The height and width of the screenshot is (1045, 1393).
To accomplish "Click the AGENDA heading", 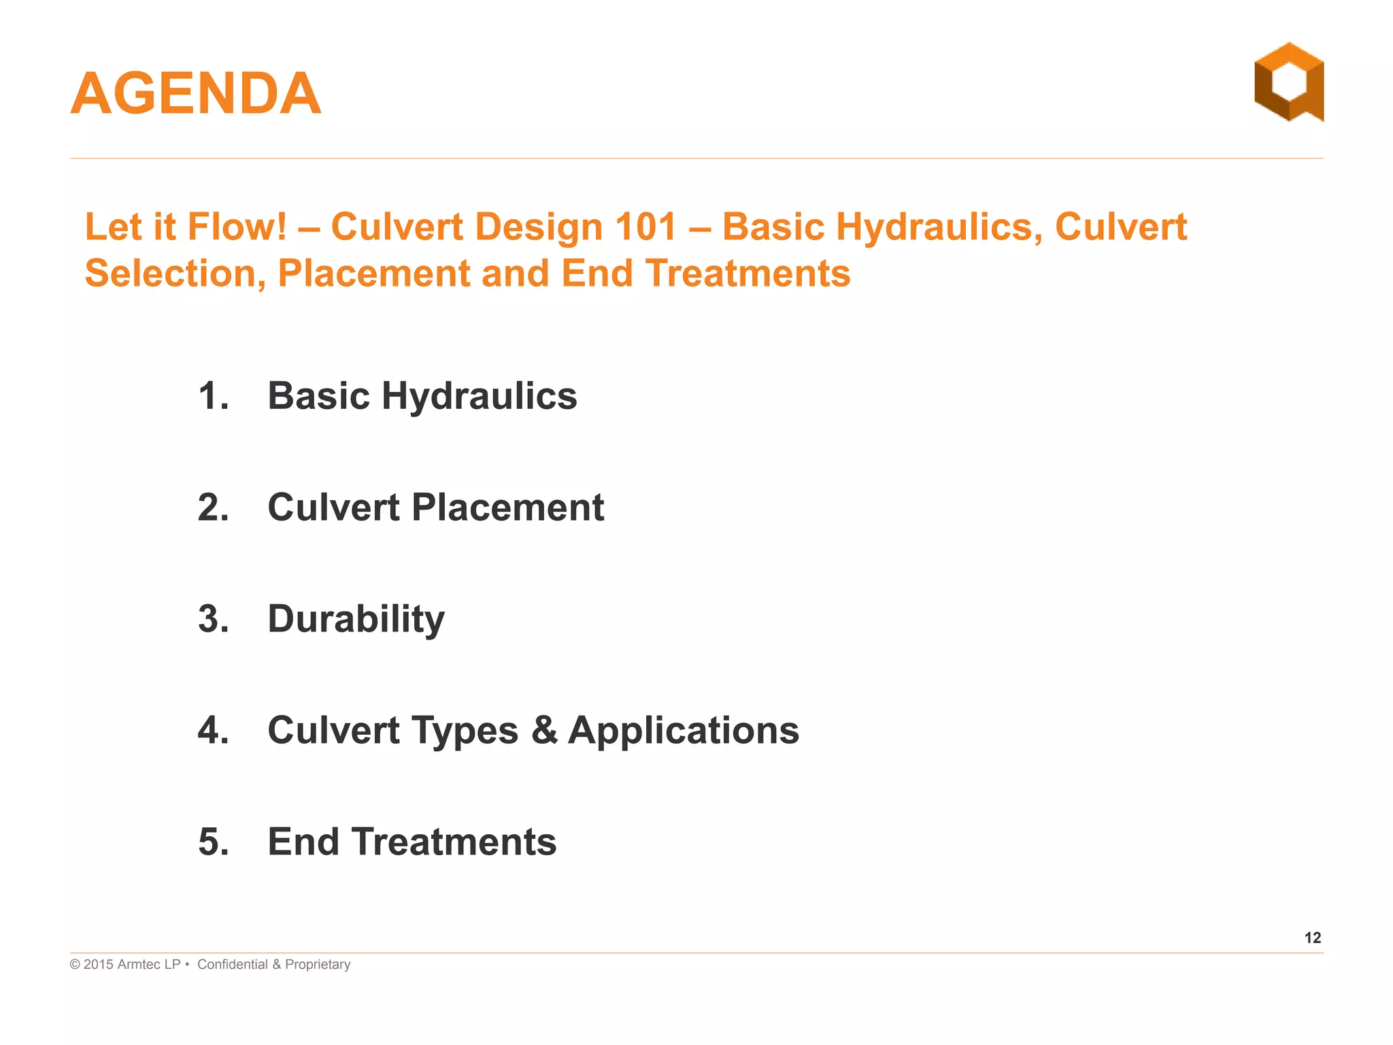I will pyautogui.click(x=196, y=94).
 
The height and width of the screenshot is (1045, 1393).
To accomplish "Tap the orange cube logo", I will pyautogui.click(x=1288, y=82).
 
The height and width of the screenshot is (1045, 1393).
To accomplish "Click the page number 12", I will pyautogui.click(x=1312, y=938).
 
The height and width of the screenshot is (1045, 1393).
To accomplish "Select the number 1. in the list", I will pyautogui.click(x=213, y=396).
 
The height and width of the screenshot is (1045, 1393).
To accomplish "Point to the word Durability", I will pyautogui.click(x=356, y=620).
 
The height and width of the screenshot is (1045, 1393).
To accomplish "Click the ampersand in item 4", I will pyautogui.click(x=543, y=731).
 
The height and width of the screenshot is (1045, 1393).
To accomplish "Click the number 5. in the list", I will pyautogui.click(x=213, y=842).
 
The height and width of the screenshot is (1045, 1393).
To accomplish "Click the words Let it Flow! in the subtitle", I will pyautogui.click(x=185, y=227).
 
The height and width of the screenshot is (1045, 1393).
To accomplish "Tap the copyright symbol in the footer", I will pyautogui.click(x=75, y=965).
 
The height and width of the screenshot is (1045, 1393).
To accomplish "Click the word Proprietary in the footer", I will pyautogui.click(x=318, y=965).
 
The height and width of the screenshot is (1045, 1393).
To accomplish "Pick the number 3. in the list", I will pyautogui.click(x=213, y=619).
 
